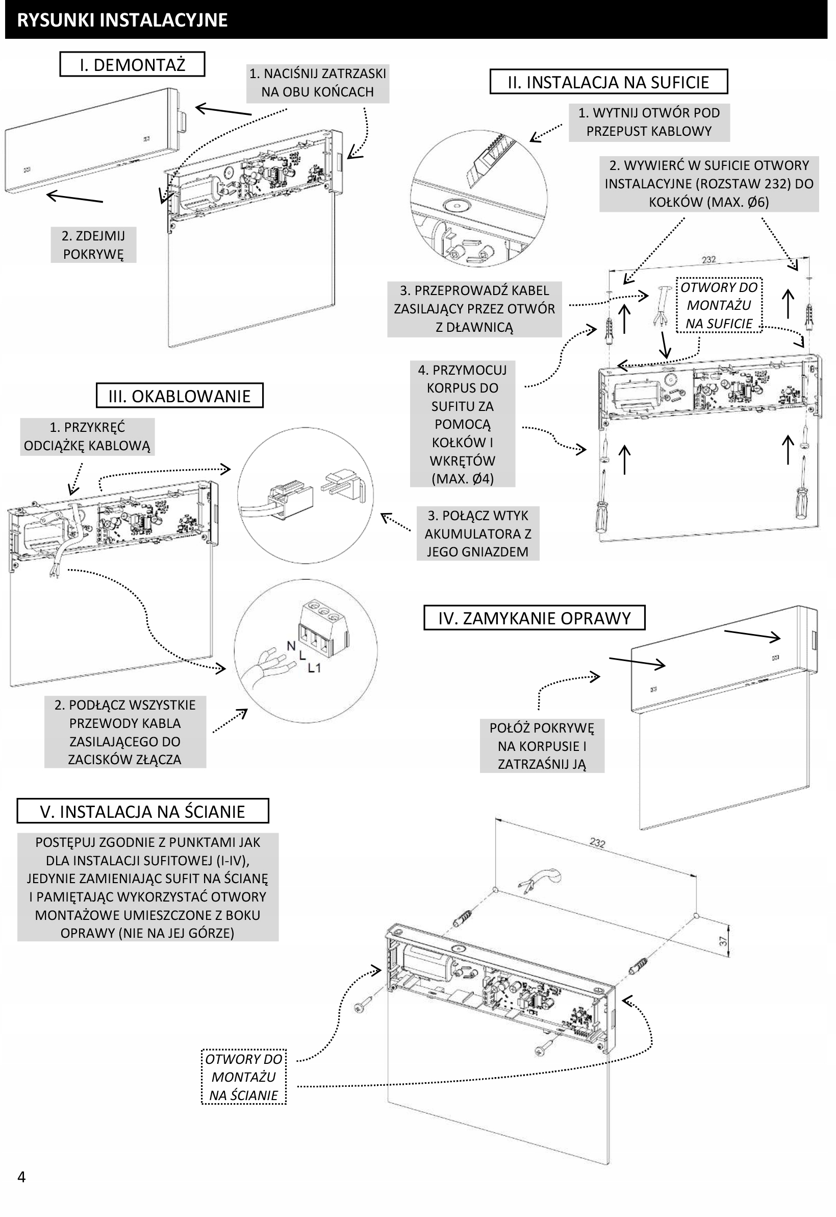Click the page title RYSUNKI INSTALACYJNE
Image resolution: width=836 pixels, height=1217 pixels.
point(122,20)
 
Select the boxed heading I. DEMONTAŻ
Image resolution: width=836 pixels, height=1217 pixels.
point(132,64)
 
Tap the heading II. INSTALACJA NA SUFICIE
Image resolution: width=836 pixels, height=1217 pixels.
point(608,82)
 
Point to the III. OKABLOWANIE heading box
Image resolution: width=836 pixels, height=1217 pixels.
point(179,396)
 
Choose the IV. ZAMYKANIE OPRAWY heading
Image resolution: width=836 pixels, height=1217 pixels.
point(534,618)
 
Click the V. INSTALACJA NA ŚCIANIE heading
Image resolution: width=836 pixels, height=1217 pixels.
point(142,811)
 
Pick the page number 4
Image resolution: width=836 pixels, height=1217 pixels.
point(21,1177)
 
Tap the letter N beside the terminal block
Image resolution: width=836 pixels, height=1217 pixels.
point(291,646)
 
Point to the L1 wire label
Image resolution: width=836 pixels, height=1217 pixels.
point(314,668)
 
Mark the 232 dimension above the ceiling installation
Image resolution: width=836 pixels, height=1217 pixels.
point(708,259)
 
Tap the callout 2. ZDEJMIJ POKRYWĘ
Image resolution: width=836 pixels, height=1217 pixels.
point(93,245)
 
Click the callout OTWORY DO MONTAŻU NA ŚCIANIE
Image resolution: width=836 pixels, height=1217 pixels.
point(244,1077)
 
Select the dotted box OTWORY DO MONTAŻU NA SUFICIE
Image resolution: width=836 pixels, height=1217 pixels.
point(719,305)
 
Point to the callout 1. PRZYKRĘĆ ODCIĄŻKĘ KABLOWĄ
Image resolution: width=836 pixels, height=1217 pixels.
point(87,436)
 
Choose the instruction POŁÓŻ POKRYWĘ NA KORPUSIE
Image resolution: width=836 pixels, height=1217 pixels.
point(542,745)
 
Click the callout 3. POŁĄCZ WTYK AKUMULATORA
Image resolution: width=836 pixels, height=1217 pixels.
point(478,533)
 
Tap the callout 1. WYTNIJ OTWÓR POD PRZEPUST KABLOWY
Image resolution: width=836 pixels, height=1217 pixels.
point(649,122)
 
